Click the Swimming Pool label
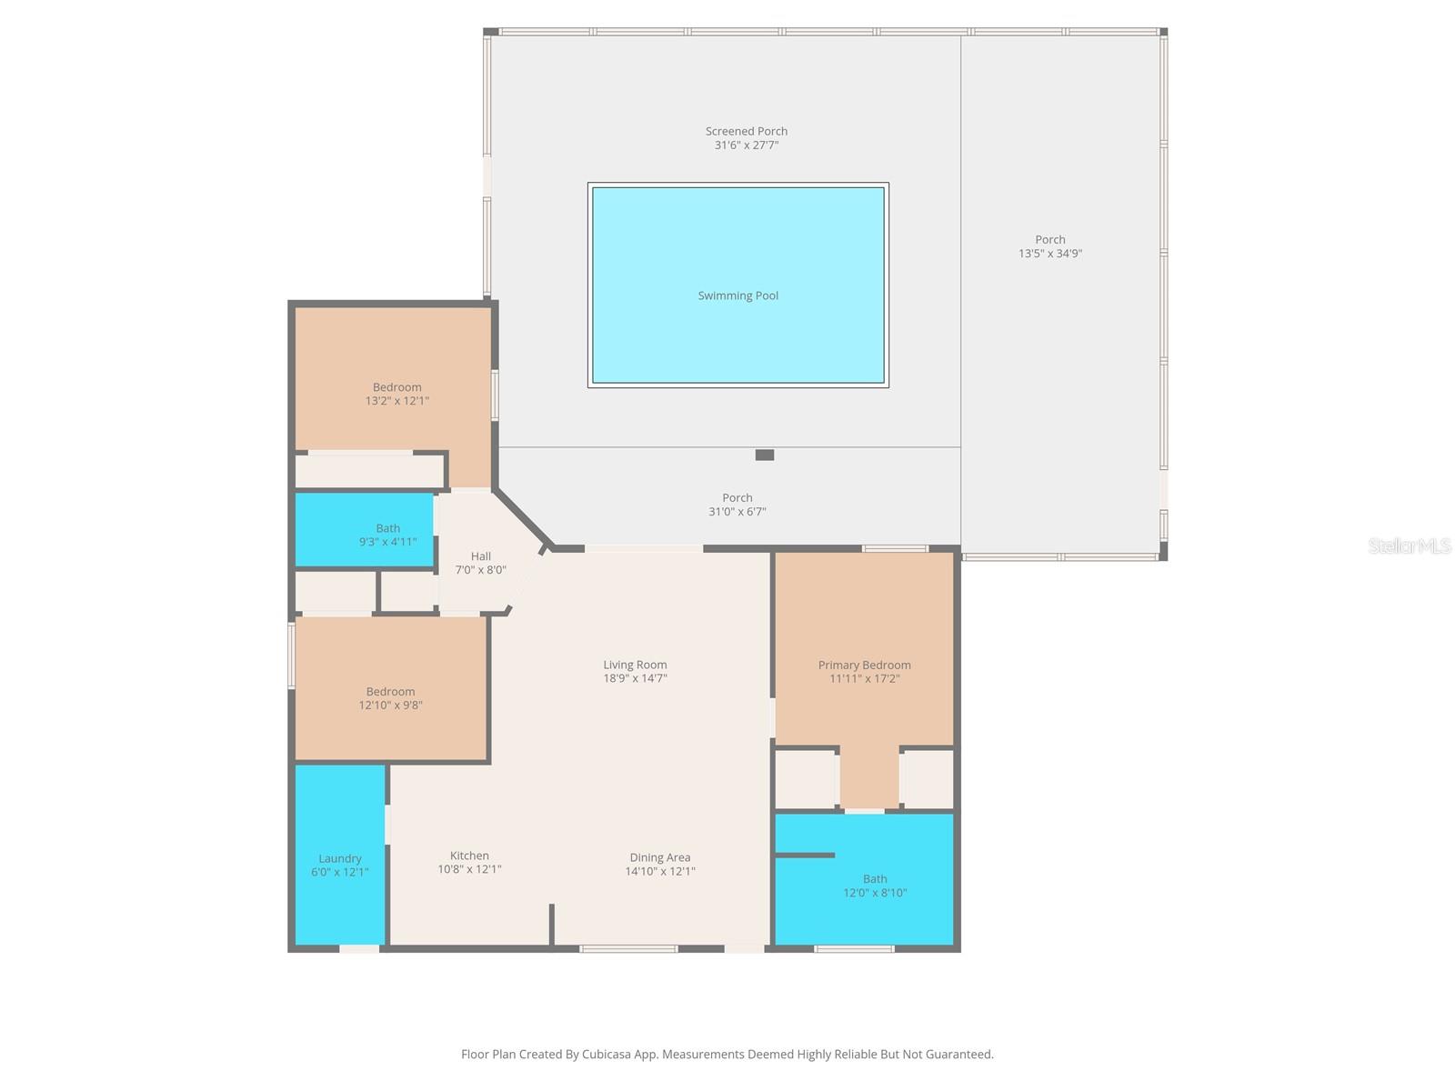pyautogui.click(x=738, y=295)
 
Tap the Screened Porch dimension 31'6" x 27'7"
pyautogui.click(x=746, y=145)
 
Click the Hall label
pyautogui.click(x=480, y=556)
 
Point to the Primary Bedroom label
pyautogui.click(x=864, y=665)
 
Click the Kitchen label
pyautogui.click(x=469, y=856)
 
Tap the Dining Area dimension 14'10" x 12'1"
pyautogui.click(x=659, y=871)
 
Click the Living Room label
pyautogui.click(x=635, y=665)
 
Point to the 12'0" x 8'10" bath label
pyautogui.click(x=875, y=886)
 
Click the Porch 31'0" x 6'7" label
pyautogui.click(x=737, y=505)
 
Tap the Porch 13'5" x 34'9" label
pyautogui.click(x=1049, y=246)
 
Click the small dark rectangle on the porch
pyautogui.click(x=765, y=455)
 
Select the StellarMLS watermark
pyautogui.click(x=1409, y=546)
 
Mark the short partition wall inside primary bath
pyautogui.click(x=804, y=855)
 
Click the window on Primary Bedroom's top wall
pyautogui.click(x=895, y=548)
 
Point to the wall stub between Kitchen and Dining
pyautogui.click(x=551, y=924)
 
